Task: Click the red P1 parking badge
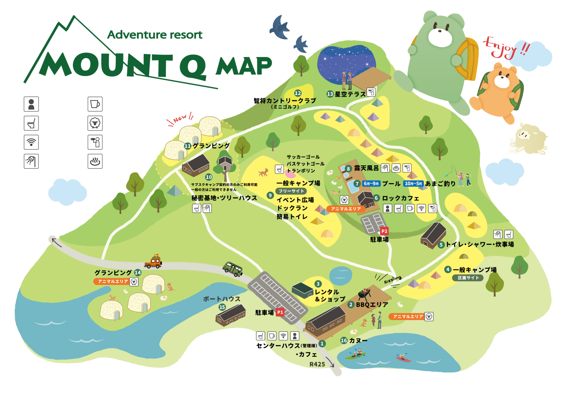280,312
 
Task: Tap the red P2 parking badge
384,231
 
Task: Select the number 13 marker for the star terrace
330,94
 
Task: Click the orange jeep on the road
153,262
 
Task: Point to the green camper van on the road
233,269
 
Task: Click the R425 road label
317,364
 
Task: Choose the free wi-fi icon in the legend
31,142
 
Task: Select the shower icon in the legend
31,161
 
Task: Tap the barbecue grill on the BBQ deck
364,293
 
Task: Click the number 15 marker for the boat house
222,307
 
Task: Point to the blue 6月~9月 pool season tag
371,184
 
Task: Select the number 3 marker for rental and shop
318,284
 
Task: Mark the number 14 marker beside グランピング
138,272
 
